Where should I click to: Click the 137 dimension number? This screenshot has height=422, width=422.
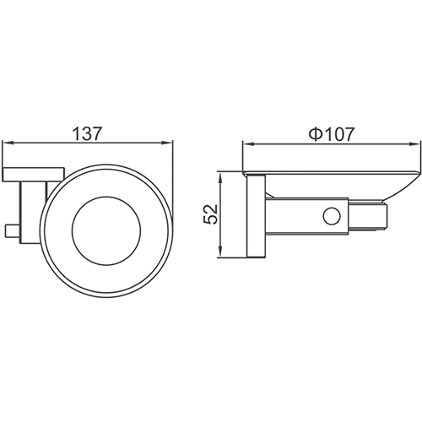pos(88,133)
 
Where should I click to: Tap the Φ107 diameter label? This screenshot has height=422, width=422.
pos(331,133)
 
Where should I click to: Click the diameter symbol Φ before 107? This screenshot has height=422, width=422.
pos(313,133)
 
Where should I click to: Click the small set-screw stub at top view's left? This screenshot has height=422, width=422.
pos(10,228)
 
